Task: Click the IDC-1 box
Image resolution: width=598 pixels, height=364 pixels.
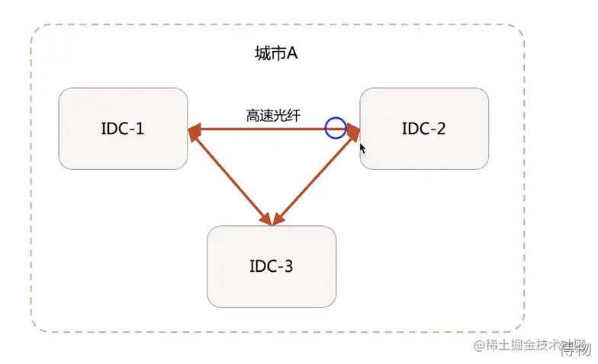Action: [123, 128]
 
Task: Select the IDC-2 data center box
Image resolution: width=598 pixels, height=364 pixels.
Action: [424, 128]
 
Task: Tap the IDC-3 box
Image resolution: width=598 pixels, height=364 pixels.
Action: [272, 267]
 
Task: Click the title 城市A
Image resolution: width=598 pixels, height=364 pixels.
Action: [275, 54]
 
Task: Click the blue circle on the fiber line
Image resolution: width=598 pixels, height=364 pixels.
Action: [336, 128]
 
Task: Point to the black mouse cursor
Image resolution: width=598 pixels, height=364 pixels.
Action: [363, 148]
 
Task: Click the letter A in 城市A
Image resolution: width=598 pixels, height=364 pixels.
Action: [291, 54]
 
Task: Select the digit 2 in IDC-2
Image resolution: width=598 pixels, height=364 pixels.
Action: [441, 128]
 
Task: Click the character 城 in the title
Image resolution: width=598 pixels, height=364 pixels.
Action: [261, 54]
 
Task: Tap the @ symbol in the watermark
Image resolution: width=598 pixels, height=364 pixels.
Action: [480, 346]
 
